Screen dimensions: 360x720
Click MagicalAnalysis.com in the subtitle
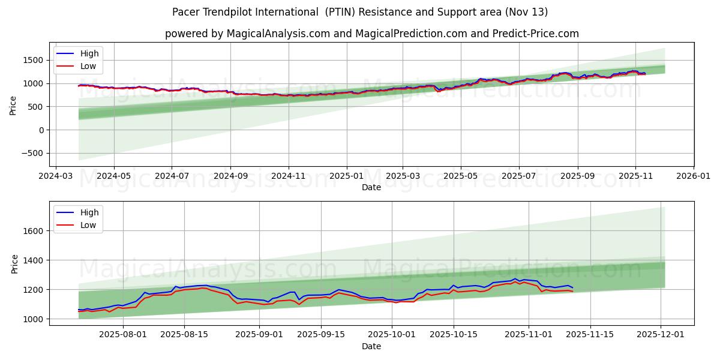point(278,34)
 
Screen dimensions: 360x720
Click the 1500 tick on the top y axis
point(33,60)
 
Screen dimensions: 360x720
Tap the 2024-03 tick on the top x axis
point(56,177)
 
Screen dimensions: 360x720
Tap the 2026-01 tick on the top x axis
point(694,177)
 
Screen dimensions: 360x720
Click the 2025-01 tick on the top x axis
point(346,177)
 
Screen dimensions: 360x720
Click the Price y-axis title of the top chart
point(14,106)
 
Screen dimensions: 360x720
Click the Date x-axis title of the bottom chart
point(371,347)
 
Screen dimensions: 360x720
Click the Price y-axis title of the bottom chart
point(14,264)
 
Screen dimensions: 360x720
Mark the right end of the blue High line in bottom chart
point(572,288)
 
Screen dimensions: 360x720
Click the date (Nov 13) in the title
point(526,12)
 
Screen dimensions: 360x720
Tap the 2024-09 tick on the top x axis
point(230,177)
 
